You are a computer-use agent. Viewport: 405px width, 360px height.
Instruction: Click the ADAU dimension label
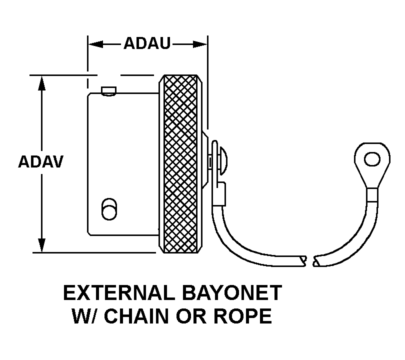click(x=147, y=44)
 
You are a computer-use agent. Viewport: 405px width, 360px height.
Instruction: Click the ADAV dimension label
click(x=40, y=162)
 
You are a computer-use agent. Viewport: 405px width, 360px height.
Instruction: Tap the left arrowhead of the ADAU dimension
click(x=95, y=44)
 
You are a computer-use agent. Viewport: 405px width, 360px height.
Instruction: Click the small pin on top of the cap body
click(x=108, y=90)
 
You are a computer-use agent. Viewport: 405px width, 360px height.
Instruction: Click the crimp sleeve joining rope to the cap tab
click(x=219, y=193)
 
